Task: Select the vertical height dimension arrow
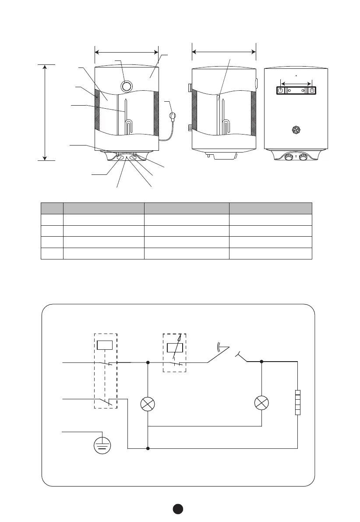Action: click(x=45, y=112)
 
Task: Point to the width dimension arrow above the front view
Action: click(x=127, y=52)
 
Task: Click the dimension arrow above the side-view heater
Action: click(x=224, y=52)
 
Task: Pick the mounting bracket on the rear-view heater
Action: click(x=296, y=90)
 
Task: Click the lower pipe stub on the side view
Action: click(x=190, y=128)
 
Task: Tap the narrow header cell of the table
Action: click(x=52, y=208)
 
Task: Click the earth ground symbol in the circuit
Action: click(x=102, y=446)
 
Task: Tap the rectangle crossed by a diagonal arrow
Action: click(x=174, y=348)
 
